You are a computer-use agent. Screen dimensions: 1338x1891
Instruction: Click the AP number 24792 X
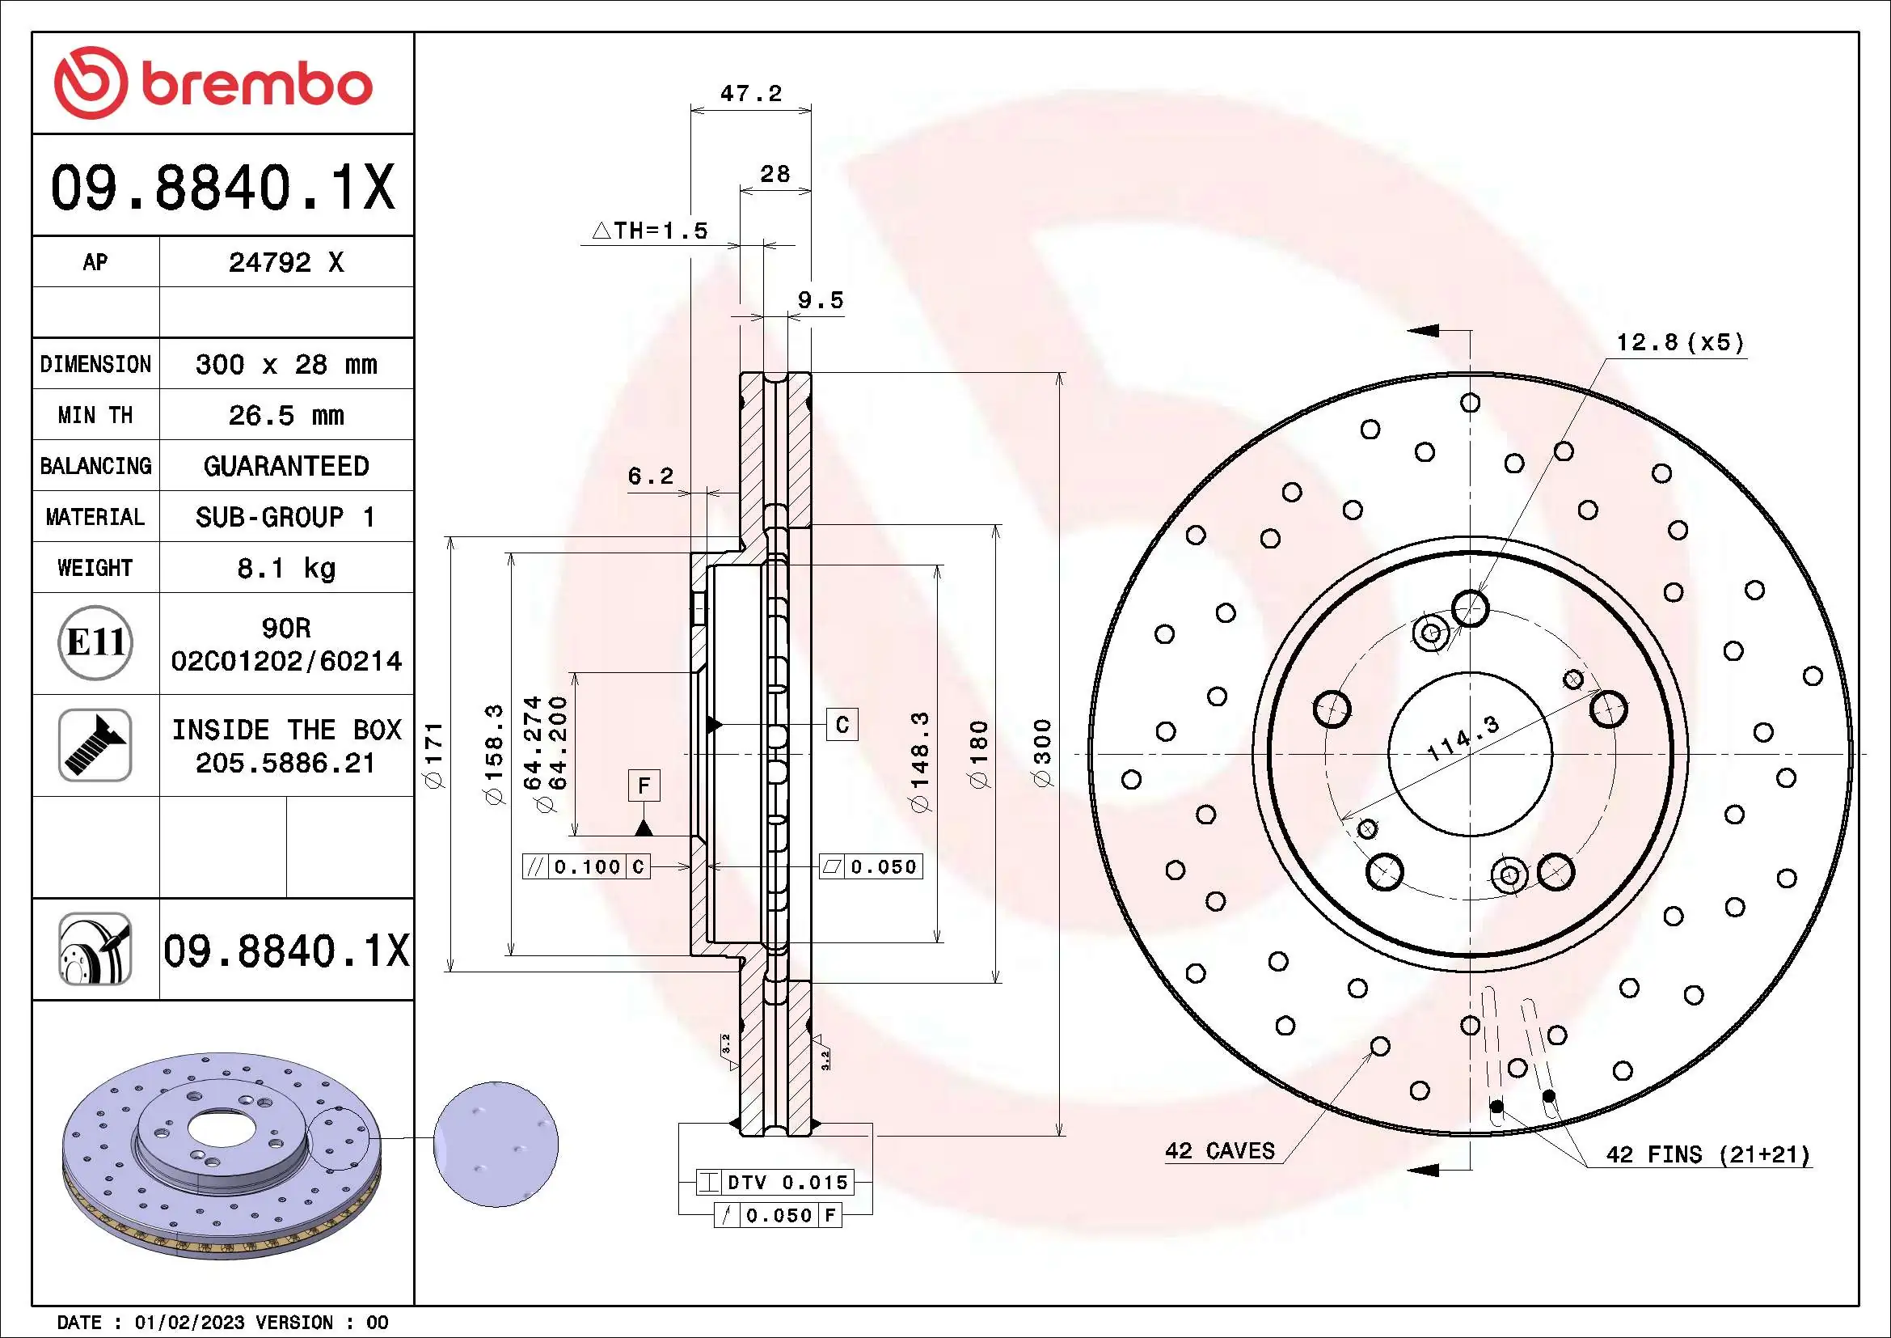[x=285, y=262]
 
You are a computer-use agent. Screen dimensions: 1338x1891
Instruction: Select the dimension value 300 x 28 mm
[x=285, y=364]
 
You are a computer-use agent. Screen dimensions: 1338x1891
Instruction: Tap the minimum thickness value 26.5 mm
[x=285, y=415]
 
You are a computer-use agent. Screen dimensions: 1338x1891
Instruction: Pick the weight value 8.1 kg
[x=285, y=568]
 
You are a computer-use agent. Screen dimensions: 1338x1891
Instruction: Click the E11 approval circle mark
[x=95, y=642]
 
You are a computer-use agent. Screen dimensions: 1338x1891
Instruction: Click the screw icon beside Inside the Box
[x=95, y=745]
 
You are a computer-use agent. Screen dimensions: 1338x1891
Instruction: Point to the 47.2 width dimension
[x=750, y=93]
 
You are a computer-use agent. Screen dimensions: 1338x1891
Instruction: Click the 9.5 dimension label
[x=821, y=300]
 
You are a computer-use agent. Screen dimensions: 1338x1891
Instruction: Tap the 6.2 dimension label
[x=650, y=476]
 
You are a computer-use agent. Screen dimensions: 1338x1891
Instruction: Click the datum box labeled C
[x=842, y=725]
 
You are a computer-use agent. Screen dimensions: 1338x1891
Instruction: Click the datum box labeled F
[x=644, y=785]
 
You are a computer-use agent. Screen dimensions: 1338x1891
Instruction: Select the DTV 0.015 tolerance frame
[x=775, y=1183]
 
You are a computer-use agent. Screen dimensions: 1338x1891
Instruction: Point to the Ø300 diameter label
[x=1043, y=752]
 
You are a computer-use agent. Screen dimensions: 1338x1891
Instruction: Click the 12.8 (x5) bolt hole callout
[x=1679, y=342]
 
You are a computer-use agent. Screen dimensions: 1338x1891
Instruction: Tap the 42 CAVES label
[x=1219, y=1151]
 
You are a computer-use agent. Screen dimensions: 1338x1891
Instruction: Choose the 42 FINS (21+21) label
[x=1707, y=1154]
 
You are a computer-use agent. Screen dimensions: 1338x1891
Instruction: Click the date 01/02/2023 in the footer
[x=189, y=1323]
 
